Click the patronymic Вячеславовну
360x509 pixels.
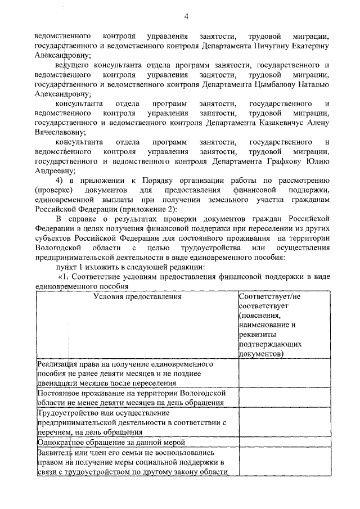60,132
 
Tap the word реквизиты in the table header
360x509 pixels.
258,334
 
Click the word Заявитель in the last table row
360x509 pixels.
55,452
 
